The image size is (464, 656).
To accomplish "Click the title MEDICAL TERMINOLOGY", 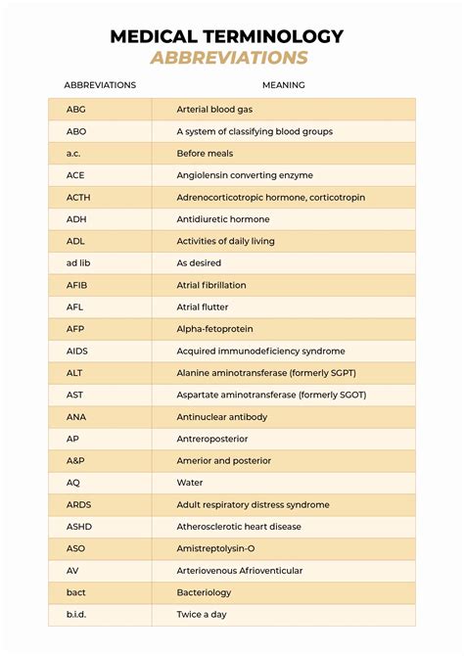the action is tap(226, 36).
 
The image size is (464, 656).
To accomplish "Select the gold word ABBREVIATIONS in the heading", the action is tap(229, 58).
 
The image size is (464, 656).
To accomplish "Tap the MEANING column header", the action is tap(283, 85).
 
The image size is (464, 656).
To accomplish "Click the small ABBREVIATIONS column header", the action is tap(100, 85).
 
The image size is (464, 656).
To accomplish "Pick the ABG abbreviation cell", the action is tap(75, 110).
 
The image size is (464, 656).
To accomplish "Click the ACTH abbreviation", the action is tap(78, 197).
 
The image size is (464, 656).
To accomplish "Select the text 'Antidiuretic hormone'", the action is tap(222, 219).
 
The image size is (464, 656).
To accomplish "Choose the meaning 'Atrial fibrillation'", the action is tap(211, 285).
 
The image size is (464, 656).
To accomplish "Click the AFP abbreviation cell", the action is tap(75, 329).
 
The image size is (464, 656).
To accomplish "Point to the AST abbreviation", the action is tap(74, 395).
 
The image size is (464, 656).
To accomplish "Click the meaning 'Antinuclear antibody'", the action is tap(221, 416).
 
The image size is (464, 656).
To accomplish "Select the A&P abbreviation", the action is tap(75, 460).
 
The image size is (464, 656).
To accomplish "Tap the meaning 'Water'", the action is tap(190, 483).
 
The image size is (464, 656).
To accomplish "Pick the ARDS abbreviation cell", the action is tap(78, 504).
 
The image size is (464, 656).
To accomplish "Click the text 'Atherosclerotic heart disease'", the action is tap(239, 527).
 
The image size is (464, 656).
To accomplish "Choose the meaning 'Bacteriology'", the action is tap(204, 592).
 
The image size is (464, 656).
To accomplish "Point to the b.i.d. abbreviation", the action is tap(77, 614).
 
